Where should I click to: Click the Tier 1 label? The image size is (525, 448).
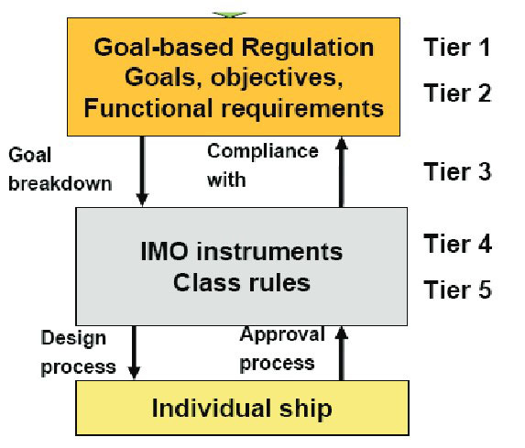tap(457, 47)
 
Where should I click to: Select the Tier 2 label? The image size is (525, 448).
tap(457, 93)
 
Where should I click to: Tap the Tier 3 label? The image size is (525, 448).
tap(458, 171)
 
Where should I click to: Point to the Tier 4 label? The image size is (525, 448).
tap(458, 244)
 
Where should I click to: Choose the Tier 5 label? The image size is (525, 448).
tap(458, 290)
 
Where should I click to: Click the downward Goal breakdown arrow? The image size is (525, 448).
tap(142, 171)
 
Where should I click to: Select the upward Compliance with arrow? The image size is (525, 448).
tap(341, 171)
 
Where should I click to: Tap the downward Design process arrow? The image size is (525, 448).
tap(135, 352)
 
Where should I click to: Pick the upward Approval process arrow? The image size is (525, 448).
tap(341, 354)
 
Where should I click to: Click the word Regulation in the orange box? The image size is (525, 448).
tap(307, 48)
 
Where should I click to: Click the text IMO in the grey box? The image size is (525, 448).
tap(164, 251)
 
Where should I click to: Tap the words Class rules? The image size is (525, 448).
tap(242, 282)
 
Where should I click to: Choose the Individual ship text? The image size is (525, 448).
tap(242, 409)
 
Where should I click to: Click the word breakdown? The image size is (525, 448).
tap(60, 183)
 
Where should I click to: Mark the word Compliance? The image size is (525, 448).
tap(263, 151)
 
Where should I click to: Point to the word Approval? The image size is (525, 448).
tap(282, 333)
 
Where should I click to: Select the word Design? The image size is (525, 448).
tap(73, 338)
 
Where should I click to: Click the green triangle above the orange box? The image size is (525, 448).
tap(230, 15)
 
